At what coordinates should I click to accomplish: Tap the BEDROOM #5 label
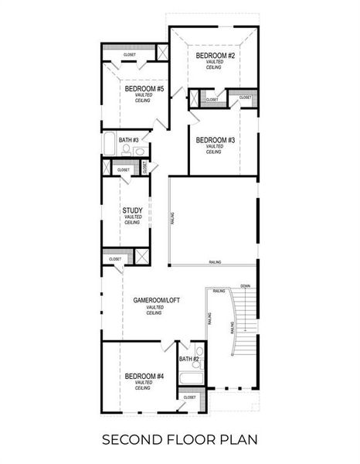[x=144, y=89]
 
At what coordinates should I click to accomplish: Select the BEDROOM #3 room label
[x=214, y=140]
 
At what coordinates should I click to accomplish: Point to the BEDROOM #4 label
[x=144, y=376]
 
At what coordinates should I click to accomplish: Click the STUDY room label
[x=132, y=210]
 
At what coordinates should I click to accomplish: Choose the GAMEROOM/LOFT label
[x=155, y=300]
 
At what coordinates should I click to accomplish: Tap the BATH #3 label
[x=128, y=140]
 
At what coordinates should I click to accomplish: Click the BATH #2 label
[x=189, y=360]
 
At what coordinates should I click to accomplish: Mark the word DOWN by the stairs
[x=245, y=285]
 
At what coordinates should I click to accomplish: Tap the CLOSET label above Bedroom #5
[x=130, y=55]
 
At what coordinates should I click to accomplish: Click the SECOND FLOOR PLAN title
[x=179, y=440]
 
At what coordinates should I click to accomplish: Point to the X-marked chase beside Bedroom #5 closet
[x=163, y=53]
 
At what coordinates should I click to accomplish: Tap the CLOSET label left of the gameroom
[x=115, y=259]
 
